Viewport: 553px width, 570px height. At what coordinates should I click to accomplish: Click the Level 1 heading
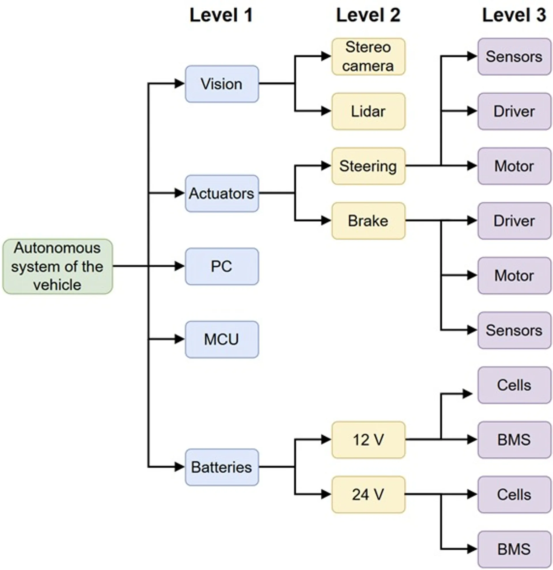tap(221, 15)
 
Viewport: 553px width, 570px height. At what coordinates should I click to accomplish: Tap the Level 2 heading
tap(368, 15)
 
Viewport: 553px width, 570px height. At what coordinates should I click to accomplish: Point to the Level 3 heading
tap(514, 15)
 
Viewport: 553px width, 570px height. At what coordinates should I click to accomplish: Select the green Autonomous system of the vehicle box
tap(58, 266)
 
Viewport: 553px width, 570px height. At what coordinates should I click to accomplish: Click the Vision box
tap(222, 84)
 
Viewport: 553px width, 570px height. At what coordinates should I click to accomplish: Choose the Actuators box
tap(222, 193)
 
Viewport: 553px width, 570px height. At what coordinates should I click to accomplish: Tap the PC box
tap(222, 266)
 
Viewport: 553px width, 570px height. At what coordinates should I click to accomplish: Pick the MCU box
tap(222, 339)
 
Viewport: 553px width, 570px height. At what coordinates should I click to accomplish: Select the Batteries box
tap(222, 467)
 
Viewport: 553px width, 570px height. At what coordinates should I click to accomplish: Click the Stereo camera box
tap(368, 56)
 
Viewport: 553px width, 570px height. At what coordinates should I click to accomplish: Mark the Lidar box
tap(368, 111)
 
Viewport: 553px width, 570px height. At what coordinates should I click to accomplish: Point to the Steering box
tap(368, 166)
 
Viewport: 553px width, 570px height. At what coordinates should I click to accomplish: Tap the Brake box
tap(368, 221)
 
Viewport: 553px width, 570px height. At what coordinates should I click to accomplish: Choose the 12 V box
tap(368, 440)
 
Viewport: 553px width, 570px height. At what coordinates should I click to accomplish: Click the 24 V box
tap(368, 494)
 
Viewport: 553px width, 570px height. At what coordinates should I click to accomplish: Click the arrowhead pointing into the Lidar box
tap(326, 111)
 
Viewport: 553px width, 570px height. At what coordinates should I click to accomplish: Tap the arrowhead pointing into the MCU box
tap(179, 339)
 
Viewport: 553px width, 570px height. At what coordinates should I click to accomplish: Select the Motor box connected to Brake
tap(514, 275)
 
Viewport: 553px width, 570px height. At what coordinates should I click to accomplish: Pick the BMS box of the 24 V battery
tap(514, 549)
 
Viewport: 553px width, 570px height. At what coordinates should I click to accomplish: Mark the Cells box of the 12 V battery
tap(514, 385)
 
